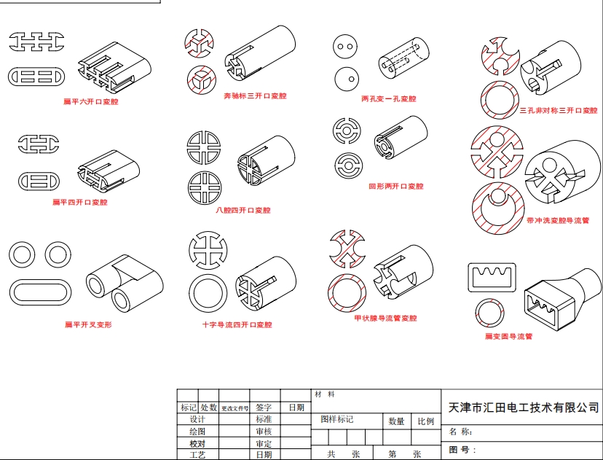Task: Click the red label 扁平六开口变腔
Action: tap(90, 102)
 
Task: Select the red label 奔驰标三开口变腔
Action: tap(255, 95)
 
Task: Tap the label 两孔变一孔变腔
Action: tap(388, 98)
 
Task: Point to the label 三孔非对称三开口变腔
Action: tap(558, 111)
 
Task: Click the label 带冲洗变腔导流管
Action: tap(557, 220)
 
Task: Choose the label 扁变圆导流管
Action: tap(508, 337)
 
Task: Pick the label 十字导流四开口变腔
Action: tap(237, 324)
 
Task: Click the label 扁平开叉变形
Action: tap(88, 324)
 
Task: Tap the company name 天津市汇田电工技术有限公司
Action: tap(524, 408)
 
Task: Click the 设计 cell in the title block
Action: tap(197, 420)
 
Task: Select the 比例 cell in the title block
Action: tap(426, 421)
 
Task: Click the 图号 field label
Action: tap(462, 450)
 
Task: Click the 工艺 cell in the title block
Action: tap(197, 454)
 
